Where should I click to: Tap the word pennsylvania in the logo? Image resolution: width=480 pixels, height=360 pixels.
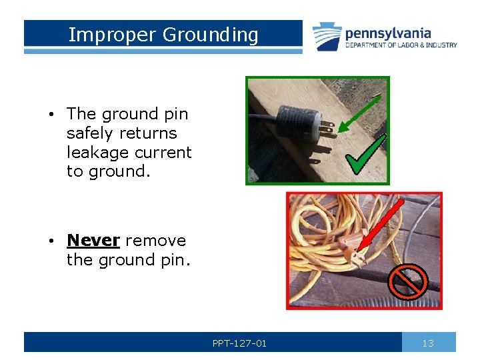pos(387,33)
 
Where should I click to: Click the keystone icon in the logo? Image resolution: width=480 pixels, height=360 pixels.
pos(327,37)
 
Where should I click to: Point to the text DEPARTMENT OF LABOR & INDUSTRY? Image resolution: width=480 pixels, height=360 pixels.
pos(401,45)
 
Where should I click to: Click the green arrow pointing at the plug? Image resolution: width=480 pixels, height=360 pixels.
pos(360,113)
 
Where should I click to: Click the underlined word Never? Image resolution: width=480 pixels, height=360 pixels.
pos(93,240)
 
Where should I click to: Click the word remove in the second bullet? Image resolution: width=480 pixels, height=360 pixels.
pos(155,240)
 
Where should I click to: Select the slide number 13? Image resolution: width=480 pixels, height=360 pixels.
pos(428,343)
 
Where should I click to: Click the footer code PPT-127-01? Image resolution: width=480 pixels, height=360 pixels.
pos(239,343)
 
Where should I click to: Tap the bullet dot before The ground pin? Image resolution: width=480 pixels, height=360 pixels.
pos(51,115)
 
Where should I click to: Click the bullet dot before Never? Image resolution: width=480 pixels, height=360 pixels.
pos(51,241)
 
